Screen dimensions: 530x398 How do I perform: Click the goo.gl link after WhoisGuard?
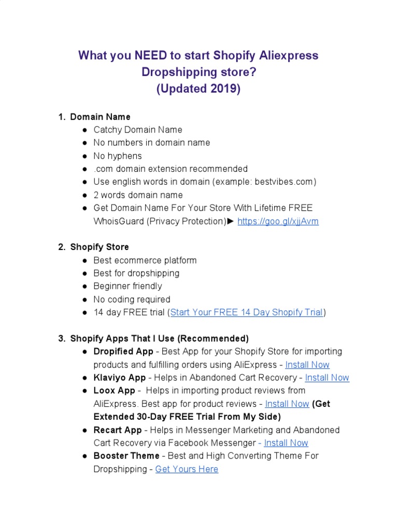point(278,222)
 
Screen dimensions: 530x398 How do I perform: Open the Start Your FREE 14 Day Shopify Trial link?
point(247,313)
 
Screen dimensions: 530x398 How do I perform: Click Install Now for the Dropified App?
point(307,365)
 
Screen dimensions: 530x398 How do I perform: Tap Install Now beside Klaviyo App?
point(327,378)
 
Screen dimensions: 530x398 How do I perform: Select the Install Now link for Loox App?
point(287,404)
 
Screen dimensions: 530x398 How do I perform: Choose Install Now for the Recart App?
point(286,443)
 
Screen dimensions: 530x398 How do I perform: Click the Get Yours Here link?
point(187,469)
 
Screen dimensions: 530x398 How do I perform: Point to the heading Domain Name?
point(100,117)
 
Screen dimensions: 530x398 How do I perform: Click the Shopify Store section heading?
point(99,247)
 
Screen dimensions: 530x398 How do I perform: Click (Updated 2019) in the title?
point(198,89)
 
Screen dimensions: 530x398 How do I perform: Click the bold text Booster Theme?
point(126,456)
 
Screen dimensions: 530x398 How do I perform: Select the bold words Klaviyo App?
point(120,378)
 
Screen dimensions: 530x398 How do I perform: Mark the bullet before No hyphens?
point(84,156)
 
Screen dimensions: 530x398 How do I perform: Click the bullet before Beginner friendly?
point(84,287)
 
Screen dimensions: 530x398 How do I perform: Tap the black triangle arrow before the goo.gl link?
point(231,222)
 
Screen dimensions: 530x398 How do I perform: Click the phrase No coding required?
point(132,300)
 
